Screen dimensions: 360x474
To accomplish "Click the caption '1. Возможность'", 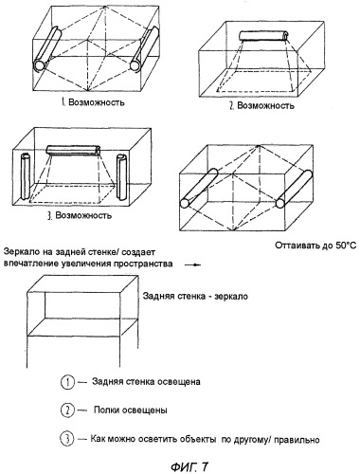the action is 93,102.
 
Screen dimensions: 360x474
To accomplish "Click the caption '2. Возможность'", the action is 261,105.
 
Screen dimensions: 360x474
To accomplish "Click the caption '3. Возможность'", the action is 80,215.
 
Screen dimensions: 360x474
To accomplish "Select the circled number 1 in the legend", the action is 67,382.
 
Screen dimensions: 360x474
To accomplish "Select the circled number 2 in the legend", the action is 67,410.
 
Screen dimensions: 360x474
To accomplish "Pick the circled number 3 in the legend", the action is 67,439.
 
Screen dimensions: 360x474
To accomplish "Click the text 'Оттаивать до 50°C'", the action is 315,246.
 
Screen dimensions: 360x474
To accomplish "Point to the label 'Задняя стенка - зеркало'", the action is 195,297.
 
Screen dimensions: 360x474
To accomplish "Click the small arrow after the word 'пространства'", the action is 193,264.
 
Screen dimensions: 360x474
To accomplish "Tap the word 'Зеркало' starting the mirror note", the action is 19,252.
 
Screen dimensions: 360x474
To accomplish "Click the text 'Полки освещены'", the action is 131,410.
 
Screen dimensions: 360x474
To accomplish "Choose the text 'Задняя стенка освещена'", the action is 146,382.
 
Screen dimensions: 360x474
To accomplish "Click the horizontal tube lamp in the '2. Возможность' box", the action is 263,35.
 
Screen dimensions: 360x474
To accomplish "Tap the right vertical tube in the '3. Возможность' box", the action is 122,177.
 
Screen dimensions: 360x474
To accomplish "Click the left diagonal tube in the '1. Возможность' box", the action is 46,49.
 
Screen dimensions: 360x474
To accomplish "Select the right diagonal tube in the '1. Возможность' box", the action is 144,48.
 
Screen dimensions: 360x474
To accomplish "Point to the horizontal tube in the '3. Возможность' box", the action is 73,150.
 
